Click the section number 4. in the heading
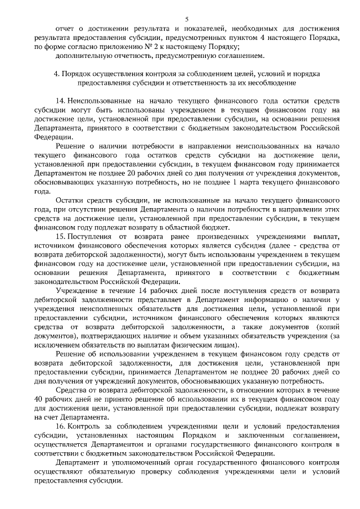56,74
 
